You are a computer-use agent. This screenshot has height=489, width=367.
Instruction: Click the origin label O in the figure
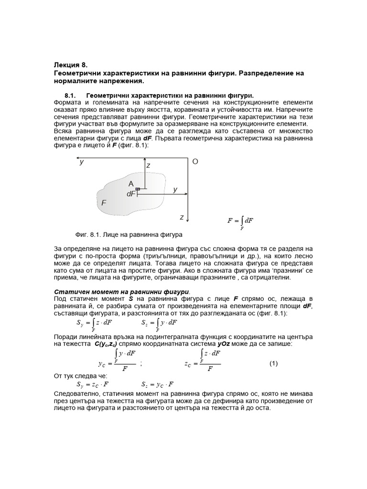194,162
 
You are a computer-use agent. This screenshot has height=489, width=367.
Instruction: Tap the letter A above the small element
130,184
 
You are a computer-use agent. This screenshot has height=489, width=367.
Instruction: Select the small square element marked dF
138,190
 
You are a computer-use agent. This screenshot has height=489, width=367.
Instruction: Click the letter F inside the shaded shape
103,203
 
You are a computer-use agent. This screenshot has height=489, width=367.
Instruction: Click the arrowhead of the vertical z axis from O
188,220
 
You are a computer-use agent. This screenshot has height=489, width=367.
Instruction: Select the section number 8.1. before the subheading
71,95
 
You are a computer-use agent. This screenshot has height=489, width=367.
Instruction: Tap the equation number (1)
273,363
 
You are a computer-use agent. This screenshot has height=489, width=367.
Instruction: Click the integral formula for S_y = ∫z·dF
94,323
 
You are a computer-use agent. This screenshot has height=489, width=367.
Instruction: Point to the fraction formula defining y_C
118,361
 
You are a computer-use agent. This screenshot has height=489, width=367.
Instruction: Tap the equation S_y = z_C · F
93,384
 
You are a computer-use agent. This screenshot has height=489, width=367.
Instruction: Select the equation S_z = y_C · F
157,384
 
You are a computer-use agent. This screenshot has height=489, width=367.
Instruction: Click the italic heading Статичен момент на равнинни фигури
120,292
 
